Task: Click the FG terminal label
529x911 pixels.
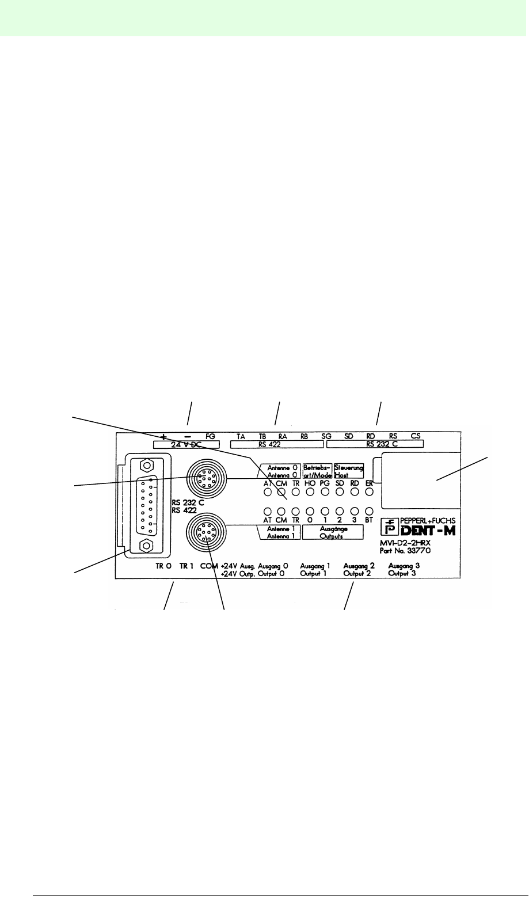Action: [x=210, y=437]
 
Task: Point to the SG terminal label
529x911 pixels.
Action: [x=327, y=437]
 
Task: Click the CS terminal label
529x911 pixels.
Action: [x=416, y=437]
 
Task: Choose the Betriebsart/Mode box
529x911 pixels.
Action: [x=317, y=471]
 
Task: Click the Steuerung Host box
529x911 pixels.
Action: [x=349, y=471]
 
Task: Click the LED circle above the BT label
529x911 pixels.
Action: [x=370, y=510]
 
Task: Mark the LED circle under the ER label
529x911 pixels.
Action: [x=370, y=492]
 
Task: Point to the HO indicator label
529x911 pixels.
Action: [x=309, y=484]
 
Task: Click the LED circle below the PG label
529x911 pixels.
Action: [x=325, y=492]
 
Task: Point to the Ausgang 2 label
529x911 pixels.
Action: [x=359, y=566]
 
